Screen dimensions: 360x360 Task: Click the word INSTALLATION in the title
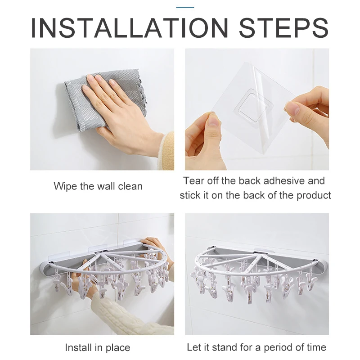click(130, 28)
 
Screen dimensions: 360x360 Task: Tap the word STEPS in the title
click(284, 28)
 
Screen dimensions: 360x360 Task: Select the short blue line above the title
click(185, 7)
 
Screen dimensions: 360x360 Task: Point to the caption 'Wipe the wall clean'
click(98, 186)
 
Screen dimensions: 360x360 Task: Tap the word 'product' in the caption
click(314, 195)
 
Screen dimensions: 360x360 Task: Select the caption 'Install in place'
click(98, 347)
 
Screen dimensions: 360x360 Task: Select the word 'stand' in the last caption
click(225, 347)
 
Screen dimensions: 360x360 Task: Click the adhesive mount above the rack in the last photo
click(260, 251)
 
